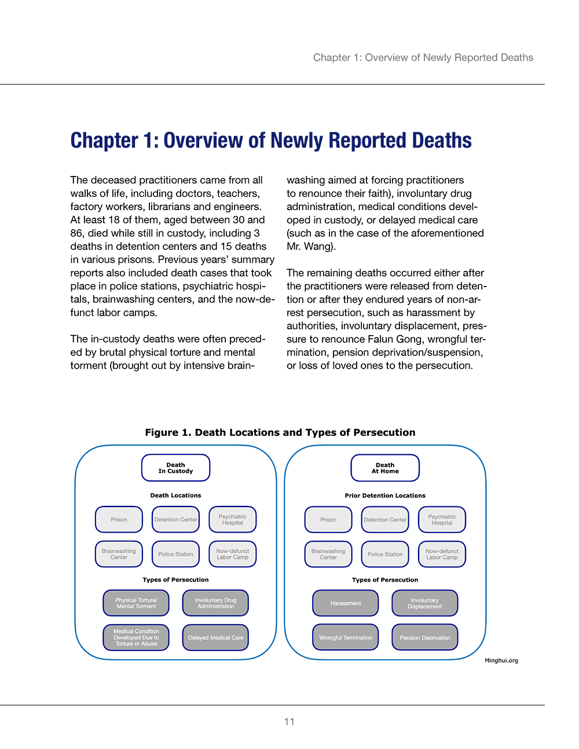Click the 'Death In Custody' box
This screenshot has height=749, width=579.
175,468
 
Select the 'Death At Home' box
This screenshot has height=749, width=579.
385,468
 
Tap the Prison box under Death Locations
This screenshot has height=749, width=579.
119,519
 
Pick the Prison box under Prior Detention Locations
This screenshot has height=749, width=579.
328,519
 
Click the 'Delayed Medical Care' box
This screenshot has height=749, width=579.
215,637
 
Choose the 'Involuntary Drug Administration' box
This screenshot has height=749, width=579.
215,603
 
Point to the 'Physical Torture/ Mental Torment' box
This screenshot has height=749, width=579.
136,603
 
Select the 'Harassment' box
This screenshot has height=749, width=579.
346,603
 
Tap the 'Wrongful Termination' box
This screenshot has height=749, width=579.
346,637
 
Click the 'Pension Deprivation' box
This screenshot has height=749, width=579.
425,637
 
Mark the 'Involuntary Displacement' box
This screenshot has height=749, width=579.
425,603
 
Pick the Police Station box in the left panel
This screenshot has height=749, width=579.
175,554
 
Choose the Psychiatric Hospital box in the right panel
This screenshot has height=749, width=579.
442,519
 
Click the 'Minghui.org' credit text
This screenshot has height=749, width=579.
501,660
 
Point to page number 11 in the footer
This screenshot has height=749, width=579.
289,722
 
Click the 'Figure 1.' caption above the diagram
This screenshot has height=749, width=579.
168,432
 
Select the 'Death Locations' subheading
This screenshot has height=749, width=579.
175,495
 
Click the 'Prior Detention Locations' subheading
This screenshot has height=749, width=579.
385,495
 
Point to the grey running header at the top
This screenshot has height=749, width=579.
423,57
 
